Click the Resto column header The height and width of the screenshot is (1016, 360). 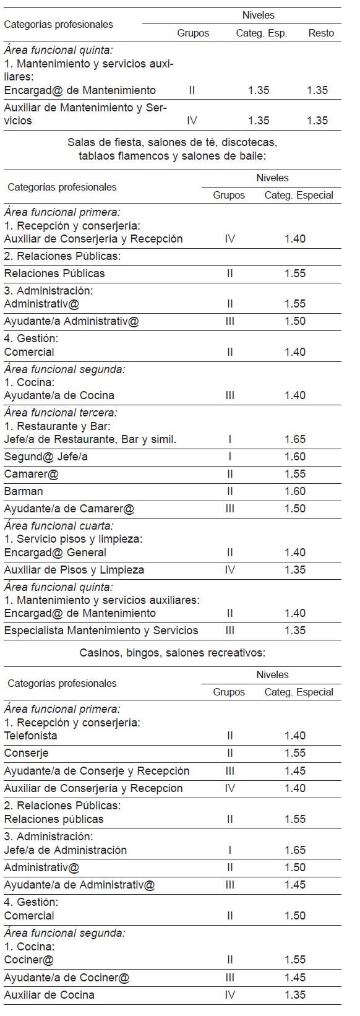click(x=320, y=33)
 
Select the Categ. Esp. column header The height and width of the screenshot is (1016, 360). click(x=261, y=33)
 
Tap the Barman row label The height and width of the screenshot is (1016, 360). click(x=24, y=491)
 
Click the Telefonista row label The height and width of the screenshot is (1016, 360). click(x=30, y=736)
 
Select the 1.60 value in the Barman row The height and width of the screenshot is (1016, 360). click(x=295, y=491)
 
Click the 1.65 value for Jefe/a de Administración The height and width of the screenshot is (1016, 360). click(x=295, y=850)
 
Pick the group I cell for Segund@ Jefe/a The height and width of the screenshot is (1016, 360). click(x=229, y=457)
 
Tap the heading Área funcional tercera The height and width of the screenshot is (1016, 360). click(x=61, y=412)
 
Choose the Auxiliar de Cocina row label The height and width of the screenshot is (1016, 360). click(x=49, y=995)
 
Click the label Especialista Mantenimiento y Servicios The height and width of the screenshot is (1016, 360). click(x=101, y=631)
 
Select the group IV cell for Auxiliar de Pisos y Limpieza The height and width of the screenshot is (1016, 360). click(x=229, y=570)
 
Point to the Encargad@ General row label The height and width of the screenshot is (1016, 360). click(x=55, y=553)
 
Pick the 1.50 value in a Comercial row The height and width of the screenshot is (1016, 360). click(x=295, y=916)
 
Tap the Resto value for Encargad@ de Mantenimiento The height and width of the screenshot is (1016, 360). click(x=317, y=90)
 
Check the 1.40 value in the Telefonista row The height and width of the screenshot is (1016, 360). click(x=295, y=736)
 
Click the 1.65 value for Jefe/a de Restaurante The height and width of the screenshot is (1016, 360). click(x=295, y=439)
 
